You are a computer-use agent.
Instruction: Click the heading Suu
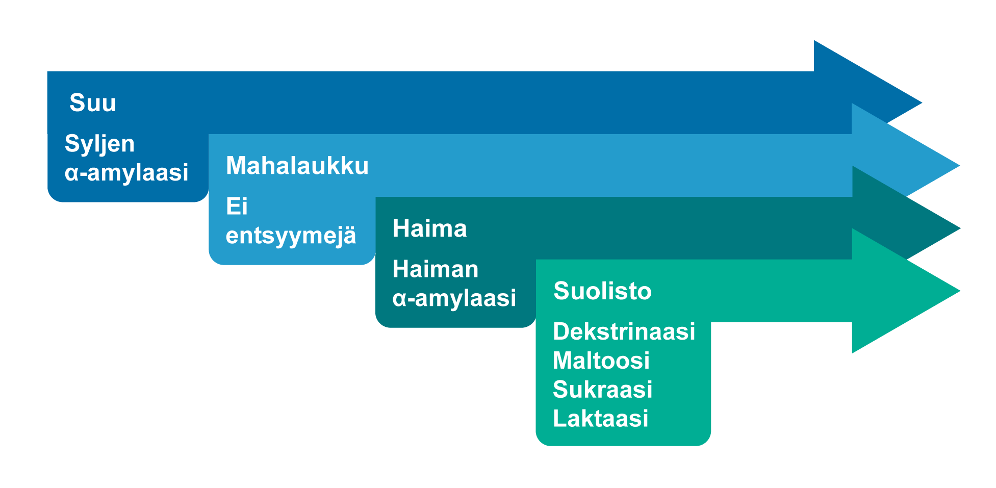click(x=93, y=102)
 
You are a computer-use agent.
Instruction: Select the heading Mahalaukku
click(x=297, y=166)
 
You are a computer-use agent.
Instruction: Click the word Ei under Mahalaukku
click(x=237, y=207)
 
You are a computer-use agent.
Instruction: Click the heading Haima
click(x=429, y=228)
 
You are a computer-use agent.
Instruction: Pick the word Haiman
click(x=435, y=269)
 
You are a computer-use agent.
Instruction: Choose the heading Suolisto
click(x=602, y=291)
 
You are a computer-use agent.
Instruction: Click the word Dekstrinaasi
click(x=624, y=331)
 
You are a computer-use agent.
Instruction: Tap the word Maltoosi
click(x=601, y=361)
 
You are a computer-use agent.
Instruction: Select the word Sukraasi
click(x=602, y=390)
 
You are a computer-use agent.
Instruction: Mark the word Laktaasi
click(x=600, y=419)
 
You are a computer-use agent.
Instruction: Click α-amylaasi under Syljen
click(x=126, y=173)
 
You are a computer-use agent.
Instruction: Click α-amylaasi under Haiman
click(x=454, y=298)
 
